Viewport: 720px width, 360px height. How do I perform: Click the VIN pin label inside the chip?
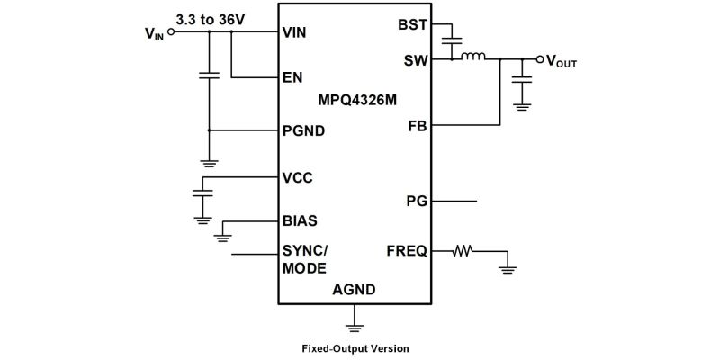[x=295, y=32]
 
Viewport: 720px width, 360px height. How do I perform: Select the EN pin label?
[x=292, y=77]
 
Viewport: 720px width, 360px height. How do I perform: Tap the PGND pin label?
[x=303, y=131]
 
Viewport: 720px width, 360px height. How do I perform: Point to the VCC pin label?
[x=298, y=177]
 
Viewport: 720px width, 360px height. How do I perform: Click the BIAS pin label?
[x=300, y=220]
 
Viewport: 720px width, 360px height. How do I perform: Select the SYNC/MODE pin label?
[x=304, y=259]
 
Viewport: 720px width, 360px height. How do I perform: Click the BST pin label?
[x=413, y=25]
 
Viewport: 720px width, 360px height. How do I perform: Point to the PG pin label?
[x=417, y=200]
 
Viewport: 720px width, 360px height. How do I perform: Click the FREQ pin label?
[x=407, y=251]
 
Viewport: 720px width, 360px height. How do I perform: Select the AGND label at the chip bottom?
[x=354, y=290]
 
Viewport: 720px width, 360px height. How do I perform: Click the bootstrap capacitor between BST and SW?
[x=452, y=40]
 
